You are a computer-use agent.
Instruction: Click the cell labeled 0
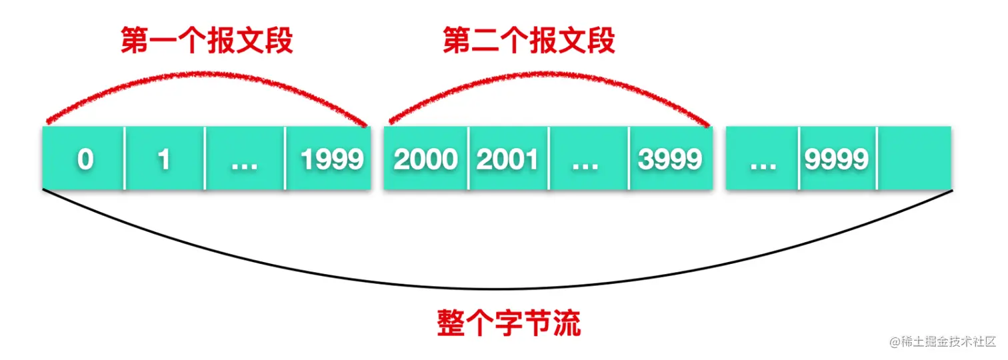(84, 159)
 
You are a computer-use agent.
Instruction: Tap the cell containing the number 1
(165, 159)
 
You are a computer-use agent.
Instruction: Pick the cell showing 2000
(426, 159)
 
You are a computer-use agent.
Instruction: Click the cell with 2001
(509, 159)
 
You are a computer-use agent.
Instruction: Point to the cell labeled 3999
(670, 159)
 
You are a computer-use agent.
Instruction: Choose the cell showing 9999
(837, 159)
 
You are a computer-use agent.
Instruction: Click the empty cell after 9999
(915, 159)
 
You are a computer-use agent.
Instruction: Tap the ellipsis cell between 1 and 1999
(245, 159)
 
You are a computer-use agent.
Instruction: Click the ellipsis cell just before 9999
(763, 159)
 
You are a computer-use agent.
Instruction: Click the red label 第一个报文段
(207, 42)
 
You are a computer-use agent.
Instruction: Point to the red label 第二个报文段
(529, 42)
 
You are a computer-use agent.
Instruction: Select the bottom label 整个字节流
(509, 323)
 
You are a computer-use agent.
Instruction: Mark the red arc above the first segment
(207, 73)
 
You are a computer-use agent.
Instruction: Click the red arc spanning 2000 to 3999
(548, 74)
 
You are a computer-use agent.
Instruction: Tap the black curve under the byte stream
(497, 289)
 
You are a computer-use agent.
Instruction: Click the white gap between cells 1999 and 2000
(377, 159)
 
